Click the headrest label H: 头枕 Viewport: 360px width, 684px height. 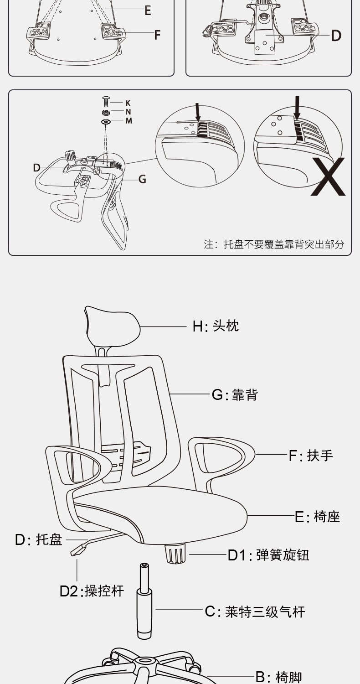[x=216, y=326]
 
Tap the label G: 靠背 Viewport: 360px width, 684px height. [x=235, y=395]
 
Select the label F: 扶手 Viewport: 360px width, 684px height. [x=311, y=456]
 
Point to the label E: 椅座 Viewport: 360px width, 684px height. [x=317, y=517]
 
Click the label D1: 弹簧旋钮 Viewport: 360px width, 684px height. [x=268, y=555]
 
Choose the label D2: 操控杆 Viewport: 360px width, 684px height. [x=92, y=591]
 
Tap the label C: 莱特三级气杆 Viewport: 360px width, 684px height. [x=255, y=611]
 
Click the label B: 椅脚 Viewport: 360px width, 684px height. [x=278, y=677]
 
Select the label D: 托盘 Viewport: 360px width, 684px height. [x=38, y=539]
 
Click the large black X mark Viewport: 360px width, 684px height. [x=328, y=176]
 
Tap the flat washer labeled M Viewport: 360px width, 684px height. [x=106, y=122]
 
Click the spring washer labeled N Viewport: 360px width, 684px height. [x=106, y=112]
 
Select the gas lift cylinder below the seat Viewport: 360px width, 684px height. [x=144, y=601]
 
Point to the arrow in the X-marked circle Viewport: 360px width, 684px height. [x=297, y=107]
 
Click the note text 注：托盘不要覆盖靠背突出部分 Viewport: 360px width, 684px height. [x=274, y=244]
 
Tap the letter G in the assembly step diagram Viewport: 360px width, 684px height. [x=142, y=179]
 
